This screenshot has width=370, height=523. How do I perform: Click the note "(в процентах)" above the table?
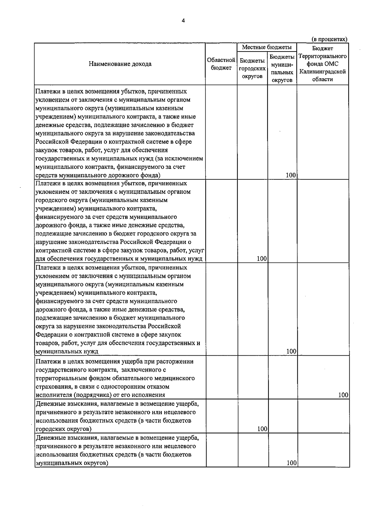[x=329, y=39]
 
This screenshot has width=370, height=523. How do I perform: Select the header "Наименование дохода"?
[x=120, y=64]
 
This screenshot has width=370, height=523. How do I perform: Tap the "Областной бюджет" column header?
[x=221, y=64]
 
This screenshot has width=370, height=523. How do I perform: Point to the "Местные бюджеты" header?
[x=267, y=47]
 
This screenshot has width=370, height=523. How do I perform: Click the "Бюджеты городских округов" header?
[x=252, y=68]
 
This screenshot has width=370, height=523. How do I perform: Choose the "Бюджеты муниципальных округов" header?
[x=282, y=68]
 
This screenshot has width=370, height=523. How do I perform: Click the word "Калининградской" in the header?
[x=323, y=72]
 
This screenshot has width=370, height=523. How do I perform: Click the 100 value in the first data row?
[x=291, y=175]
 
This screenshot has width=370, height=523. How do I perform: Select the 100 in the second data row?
[x=261, y=259]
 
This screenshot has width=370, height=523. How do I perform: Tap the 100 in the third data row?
[x=291, y=351]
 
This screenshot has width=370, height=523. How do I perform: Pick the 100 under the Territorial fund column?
[x=343, y=395]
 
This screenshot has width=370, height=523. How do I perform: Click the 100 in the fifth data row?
[x=262, y=429]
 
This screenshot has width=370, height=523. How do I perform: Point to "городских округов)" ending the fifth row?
[x=64, y=429]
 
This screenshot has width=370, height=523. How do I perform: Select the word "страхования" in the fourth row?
[x=52, y=386]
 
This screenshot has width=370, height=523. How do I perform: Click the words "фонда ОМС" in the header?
[x=323, y=64]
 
